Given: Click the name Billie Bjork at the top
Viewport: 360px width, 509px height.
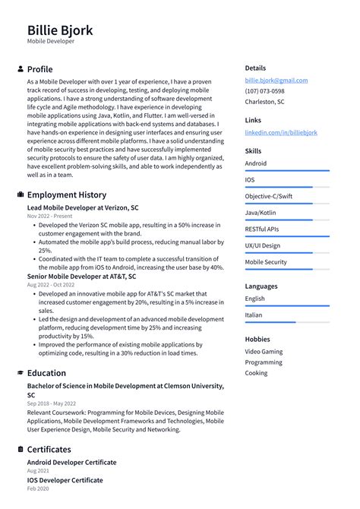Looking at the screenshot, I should [60, 30].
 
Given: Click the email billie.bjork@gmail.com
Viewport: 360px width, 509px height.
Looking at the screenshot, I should [276, 80].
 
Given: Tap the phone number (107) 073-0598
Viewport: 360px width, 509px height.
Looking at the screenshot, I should [265, 90].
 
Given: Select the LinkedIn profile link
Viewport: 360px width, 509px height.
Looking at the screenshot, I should [281, 132].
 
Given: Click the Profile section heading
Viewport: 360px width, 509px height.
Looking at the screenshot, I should [39, 69].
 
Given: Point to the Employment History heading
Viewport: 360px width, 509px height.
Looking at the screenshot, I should [66, 194].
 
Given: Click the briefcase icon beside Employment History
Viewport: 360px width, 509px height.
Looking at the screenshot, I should [20, 194].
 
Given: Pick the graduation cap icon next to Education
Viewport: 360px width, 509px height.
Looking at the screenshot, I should [20, 373].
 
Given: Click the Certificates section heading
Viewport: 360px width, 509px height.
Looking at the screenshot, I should [49, 449].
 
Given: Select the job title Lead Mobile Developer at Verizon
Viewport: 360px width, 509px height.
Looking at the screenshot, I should [83, 207].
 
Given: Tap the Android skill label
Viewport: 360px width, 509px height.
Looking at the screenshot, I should [255, 163].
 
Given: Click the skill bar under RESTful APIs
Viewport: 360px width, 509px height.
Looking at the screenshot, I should [286, 236].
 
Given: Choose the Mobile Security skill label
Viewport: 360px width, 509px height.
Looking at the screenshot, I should [266, 262].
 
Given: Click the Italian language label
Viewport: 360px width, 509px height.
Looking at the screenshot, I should [254, 315].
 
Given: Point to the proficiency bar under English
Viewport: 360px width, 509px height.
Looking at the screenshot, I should [286, 305].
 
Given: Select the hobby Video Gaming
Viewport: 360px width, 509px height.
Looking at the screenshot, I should [264, 352].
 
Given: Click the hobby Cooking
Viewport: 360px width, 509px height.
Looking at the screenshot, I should [256, 373].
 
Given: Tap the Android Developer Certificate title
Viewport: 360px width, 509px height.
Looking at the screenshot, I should [71, 462].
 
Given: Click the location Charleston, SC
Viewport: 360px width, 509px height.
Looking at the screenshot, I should [264, 101].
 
